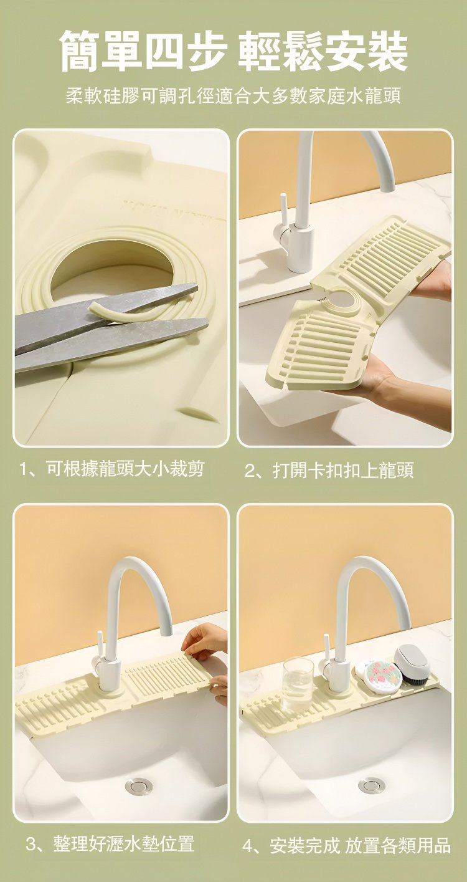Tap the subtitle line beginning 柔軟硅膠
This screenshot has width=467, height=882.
point(233,96)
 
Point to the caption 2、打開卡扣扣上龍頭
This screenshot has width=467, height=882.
point(329,470)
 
